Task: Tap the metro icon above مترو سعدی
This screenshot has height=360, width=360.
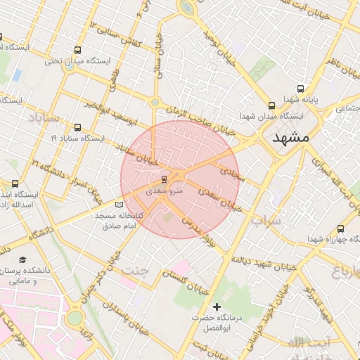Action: coord(164,179)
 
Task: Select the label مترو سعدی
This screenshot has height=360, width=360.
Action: coord(165,191)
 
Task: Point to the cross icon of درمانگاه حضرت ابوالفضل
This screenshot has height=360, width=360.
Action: coord(217,307)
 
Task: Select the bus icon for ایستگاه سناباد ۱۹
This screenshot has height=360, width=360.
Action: coord(77,128)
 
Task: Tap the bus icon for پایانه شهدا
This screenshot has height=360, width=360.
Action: coord(301,89)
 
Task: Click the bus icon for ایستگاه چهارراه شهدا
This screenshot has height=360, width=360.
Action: coord(341,229)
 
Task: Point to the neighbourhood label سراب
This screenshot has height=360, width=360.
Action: coord(266,220)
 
